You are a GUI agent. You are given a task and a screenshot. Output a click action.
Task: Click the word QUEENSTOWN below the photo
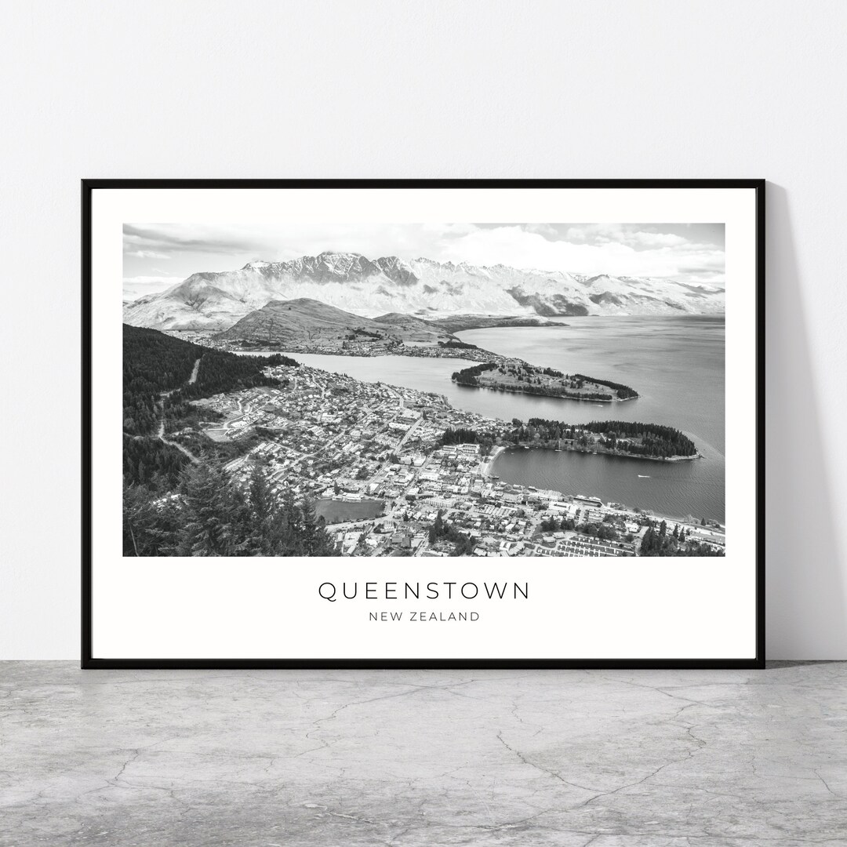pos(423,591)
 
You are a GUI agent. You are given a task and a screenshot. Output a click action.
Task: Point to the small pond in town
pos(347,510)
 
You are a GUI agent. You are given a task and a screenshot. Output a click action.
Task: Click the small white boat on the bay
pos(643,475)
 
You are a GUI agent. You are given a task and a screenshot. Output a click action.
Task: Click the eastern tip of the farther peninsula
pos(635,395)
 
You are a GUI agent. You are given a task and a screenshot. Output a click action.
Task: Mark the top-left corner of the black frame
pos(83,181)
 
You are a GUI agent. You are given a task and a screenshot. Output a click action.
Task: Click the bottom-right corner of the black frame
pos(763,667)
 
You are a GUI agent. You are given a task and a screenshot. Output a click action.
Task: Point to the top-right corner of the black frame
pos(763,181)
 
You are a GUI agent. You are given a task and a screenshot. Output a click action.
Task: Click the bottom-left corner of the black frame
pos(83,667)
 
